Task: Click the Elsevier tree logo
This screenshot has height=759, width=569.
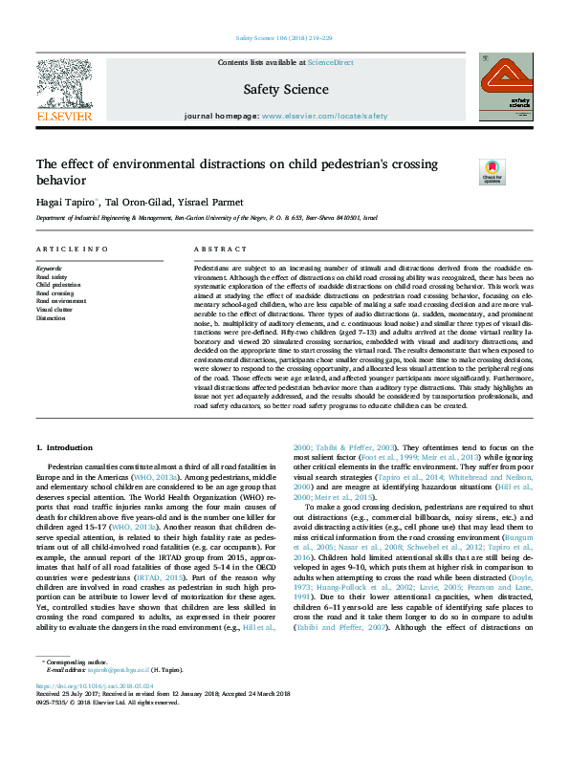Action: [64, 84]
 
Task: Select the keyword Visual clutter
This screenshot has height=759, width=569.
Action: [55, 309]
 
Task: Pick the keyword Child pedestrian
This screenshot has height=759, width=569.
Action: [58, 285]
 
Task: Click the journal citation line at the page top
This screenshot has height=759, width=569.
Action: [284, 37]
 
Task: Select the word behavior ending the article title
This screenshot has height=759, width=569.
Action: [60, 180]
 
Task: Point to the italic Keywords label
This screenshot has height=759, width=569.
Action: [49, 269]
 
